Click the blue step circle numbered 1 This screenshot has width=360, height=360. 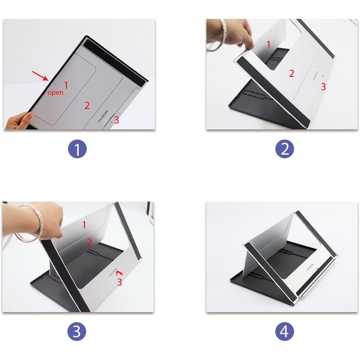click(77, 149)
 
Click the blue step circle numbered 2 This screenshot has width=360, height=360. click(285, 149)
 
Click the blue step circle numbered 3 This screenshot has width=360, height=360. click(77, 331)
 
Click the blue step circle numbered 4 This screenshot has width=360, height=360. click(285, 331)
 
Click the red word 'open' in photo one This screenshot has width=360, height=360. click(55, 93)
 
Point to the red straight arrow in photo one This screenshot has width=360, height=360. click(40, 76)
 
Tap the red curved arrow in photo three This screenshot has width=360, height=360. click(120, 273)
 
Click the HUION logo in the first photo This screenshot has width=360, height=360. click(103, 117)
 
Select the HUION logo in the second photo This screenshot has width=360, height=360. click(315, 76)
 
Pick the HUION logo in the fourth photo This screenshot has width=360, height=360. click(310, 267)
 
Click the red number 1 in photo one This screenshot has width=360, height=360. click(66, 85)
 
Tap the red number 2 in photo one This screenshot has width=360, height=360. click(87, 105)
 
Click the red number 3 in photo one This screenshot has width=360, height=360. click(117, 120)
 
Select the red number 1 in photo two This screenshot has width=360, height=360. click(268, 45)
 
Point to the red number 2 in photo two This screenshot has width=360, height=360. click(291, 73)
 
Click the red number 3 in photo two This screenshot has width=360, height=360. click(323, 86)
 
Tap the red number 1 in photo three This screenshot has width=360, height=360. click(84, 225)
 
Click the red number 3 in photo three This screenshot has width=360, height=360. click(119, 282)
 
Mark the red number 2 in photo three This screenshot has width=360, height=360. click(89, 242)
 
